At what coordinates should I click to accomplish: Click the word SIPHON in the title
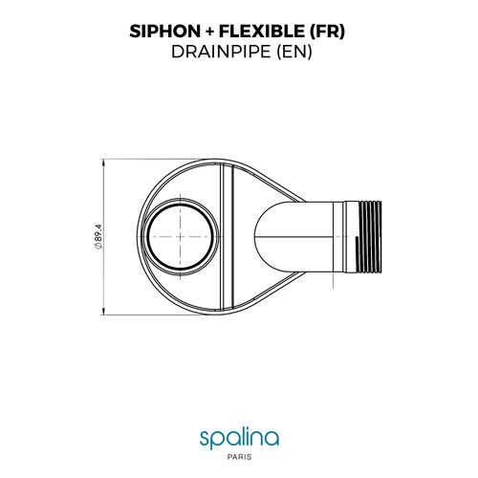pos(162,30)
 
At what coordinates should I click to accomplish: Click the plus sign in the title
pos(206,30)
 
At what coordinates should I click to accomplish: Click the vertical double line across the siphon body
pos(223,236)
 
